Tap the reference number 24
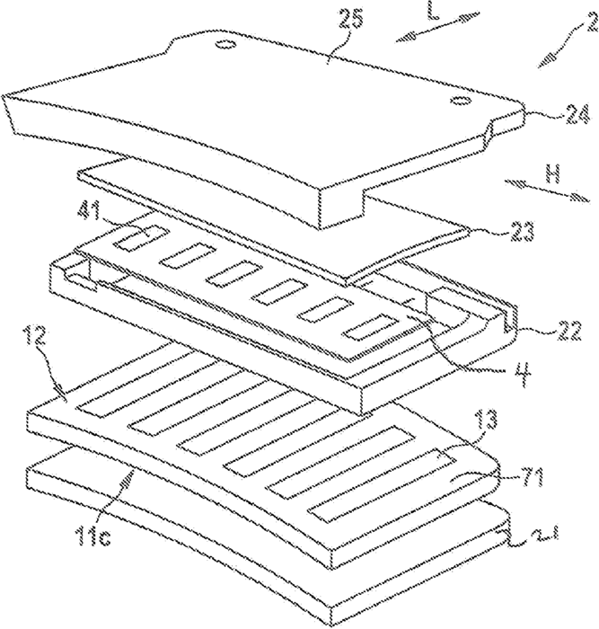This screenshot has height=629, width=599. point(551,114)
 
